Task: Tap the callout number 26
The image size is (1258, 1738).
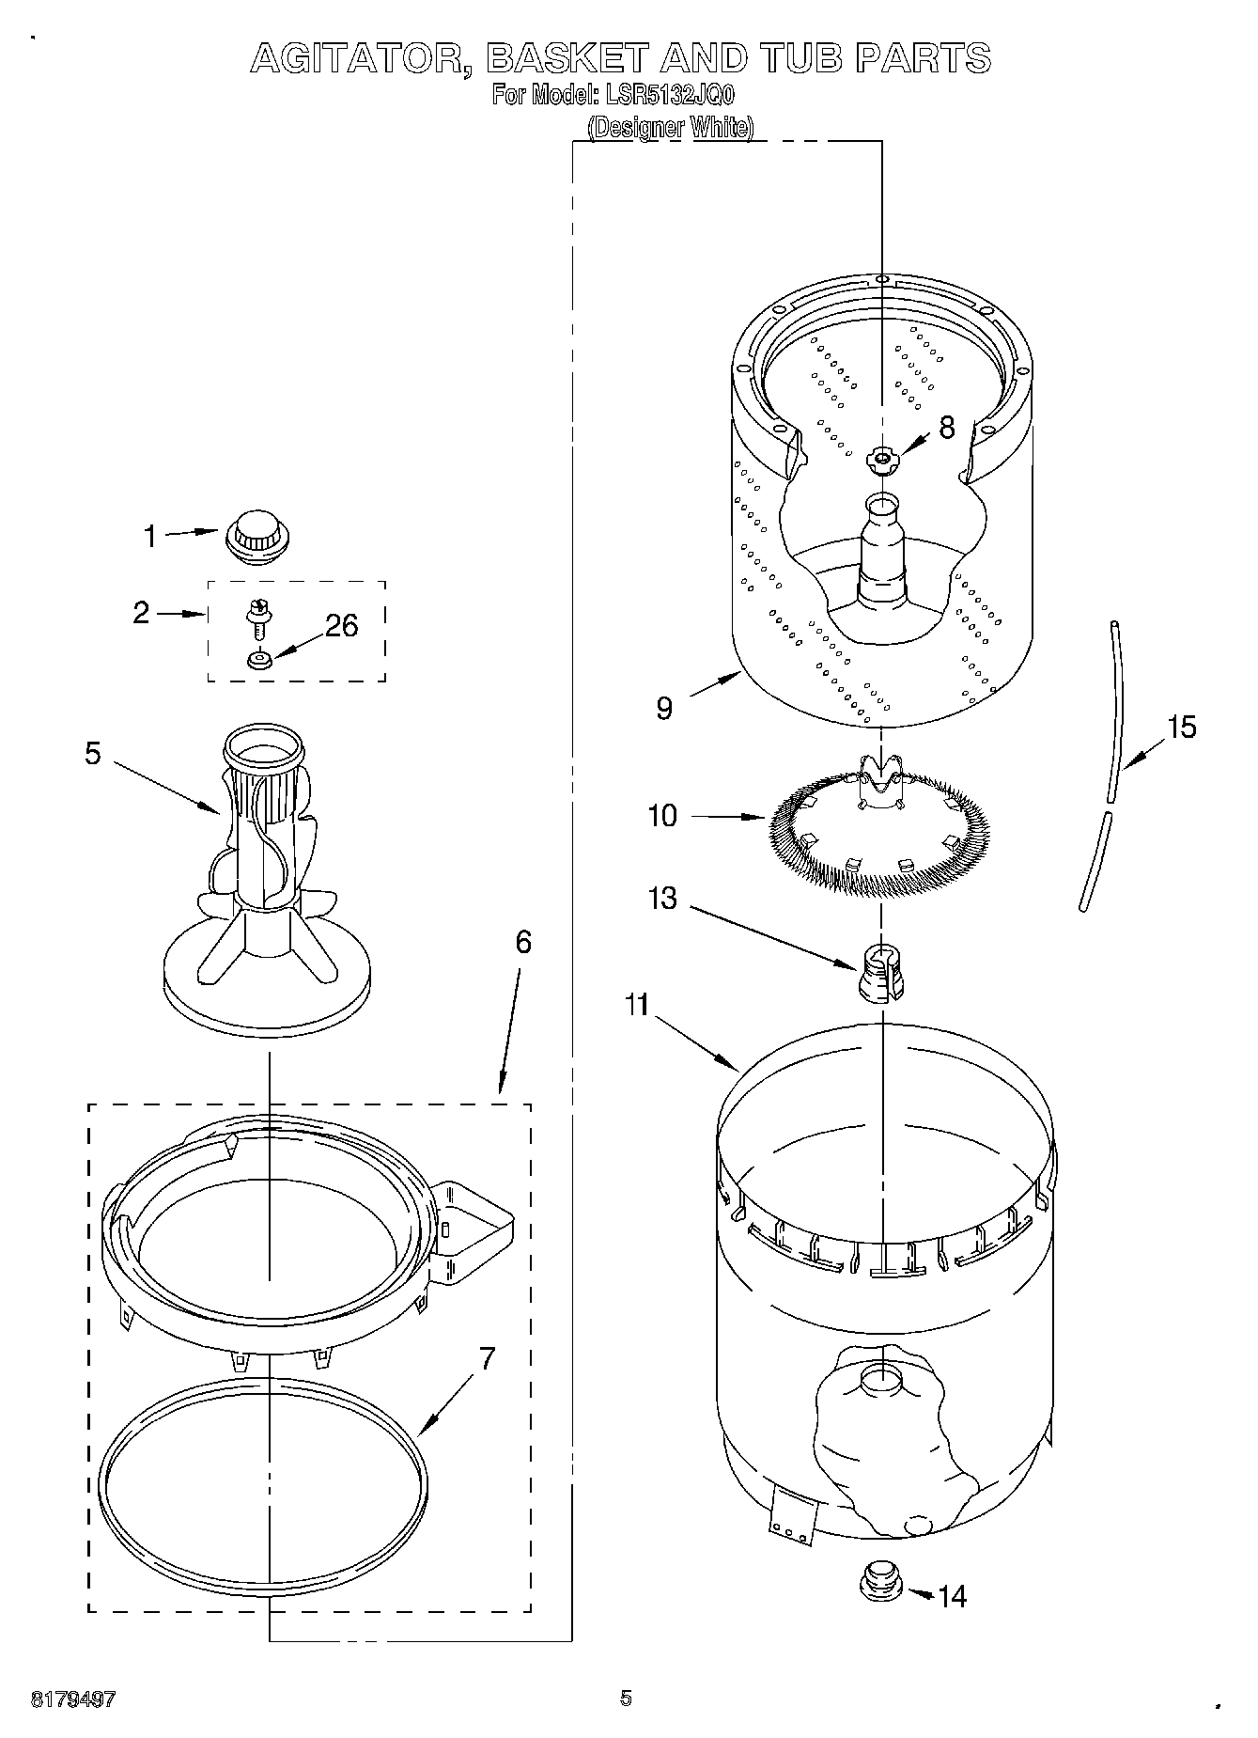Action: click(341, 626)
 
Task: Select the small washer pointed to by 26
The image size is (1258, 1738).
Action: click(258, 660)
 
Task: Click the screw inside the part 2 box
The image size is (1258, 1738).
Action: click(255, 618)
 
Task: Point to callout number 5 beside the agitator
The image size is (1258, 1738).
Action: click(92, 754)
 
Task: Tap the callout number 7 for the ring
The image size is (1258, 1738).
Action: click(488, 1359)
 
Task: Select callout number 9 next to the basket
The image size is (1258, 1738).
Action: click(664, 709)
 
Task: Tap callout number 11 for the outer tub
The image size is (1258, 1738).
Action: click(637, 1005)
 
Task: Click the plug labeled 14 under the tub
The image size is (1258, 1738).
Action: click(881, 1579)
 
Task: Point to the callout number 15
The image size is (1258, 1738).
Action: click(1182, 727)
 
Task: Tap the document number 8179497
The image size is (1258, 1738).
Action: click(73, 1699)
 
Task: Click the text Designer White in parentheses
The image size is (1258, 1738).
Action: click(671, 127)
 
